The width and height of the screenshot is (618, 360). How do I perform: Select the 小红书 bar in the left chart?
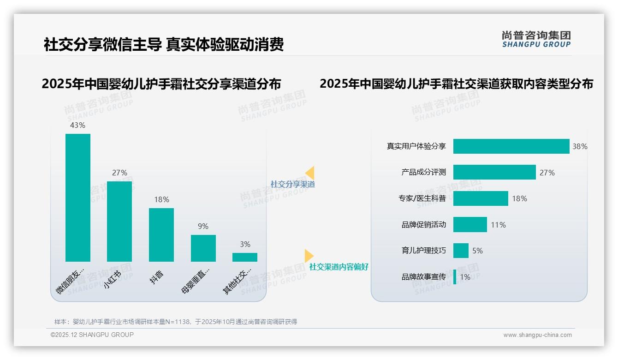119,221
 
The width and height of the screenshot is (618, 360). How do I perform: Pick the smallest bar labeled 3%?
245,257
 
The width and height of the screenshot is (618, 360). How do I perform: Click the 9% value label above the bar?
203,226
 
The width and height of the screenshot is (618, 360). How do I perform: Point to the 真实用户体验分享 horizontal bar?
511,146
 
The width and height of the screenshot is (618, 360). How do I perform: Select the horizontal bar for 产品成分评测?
494,172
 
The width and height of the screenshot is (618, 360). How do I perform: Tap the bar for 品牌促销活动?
470,225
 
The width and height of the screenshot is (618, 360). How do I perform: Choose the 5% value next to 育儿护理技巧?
477,251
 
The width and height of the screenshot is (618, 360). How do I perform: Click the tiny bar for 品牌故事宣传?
455,277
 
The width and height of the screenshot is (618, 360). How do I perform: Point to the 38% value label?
580,146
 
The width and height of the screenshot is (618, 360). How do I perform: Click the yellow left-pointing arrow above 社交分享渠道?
310,173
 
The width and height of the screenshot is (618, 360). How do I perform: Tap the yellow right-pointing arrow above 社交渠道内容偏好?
309,256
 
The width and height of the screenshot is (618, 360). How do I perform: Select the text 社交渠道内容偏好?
339,267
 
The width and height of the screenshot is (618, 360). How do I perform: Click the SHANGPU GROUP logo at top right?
536,39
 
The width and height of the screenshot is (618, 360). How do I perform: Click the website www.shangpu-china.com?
537,335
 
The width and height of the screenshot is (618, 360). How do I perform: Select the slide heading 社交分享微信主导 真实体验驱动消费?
163,44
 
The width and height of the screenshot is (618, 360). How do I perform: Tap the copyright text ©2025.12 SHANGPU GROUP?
92,335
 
